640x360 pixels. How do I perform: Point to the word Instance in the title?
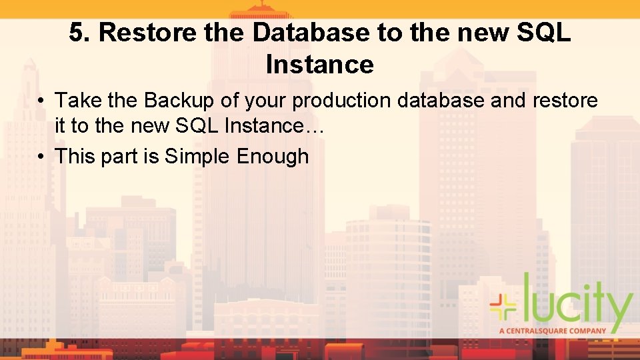(x=319, y=65)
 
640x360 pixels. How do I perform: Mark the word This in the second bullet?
(x=76, y=157)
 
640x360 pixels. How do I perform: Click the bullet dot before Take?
(x=41, y=101)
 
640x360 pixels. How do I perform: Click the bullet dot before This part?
(x=41, y=157)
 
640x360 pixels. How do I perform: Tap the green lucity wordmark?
(x=577, y=303)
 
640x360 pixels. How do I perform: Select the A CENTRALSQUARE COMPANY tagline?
(x=553, y=330)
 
